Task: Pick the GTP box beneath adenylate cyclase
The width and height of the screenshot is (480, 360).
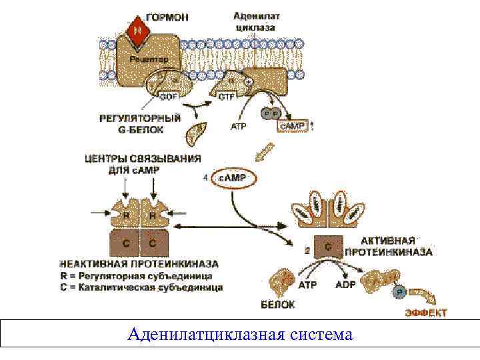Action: (x=225, y=97)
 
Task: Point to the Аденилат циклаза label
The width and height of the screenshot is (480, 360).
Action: (x=255, y=21)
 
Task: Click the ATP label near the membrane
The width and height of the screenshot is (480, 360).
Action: (x=239, y=125)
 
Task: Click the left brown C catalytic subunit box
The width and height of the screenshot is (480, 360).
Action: (x=125, y=244)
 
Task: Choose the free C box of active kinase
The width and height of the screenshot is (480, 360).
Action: (x=328, y=247)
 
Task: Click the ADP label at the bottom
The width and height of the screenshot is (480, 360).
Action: (x=346, y=285)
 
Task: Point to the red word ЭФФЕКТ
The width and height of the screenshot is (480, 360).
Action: (x=426, y=312)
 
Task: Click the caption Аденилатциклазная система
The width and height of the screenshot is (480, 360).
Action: (x=239, y=333)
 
